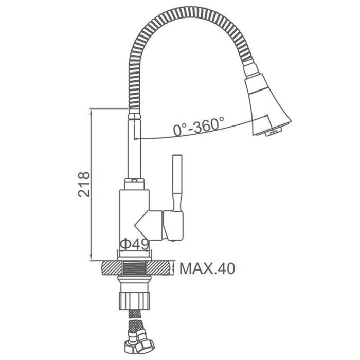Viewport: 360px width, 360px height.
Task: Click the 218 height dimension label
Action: tap(84, 184)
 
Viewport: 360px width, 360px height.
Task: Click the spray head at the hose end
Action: tap(267, 105)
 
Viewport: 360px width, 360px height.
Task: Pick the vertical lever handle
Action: tap(177, 182)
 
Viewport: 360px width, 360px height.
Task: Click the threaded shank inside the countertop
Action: tap(135, 267)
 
